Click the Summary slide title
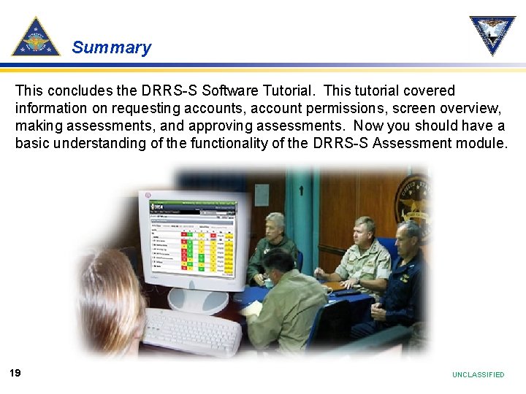[111, 48]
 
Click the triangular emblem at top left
[35, 38]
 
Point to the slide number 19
[15, 373]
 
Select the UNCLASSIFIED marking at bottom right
[478, 374]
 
